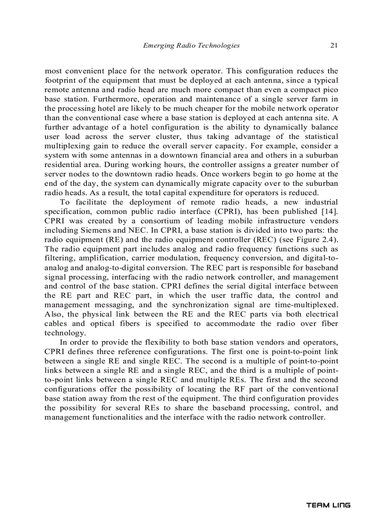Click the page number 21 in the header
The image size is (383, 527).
coord(334,46)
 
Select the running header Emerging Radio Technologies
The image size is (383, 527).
coord(191,46)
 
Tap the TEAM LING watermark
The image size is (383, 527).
coord(328,505)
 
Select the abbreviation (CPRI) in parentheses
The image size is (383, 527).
coord(212,211)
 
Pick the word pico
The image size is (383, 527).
coord(329,89)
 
